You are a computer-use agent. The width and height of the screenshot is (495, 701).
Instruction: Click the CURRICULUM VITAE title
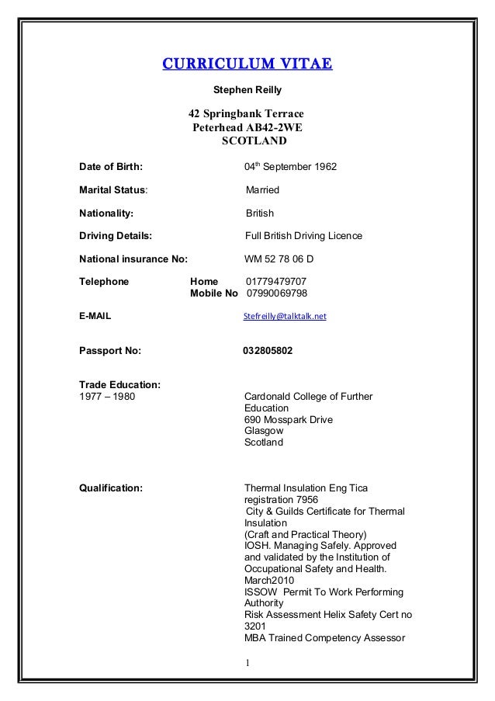[247, 64]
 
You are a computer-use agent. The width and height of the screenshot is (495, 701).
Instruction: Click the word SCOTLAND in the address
[254, 142]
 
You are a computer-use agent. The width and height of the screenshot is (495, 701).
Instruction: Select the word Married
[262, 190]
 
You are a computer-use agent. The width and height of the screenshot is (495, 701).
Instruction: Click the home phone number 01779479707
[276, 281]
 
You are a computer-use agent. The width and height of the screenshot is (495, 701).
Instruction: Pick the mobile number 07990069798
[277, 293]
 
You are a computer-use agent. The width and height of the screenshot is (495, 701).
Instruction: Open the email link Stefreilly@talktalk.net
[285, 317]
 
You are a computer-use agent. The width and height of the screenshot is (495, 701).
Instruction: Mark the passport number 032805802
[268, 351]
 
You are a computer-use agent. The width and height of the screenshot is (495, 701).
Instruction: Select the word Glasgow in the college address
[264, 431]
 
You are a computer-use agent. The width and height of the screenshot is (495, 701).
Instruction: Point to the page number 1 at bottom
[247, 663]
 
